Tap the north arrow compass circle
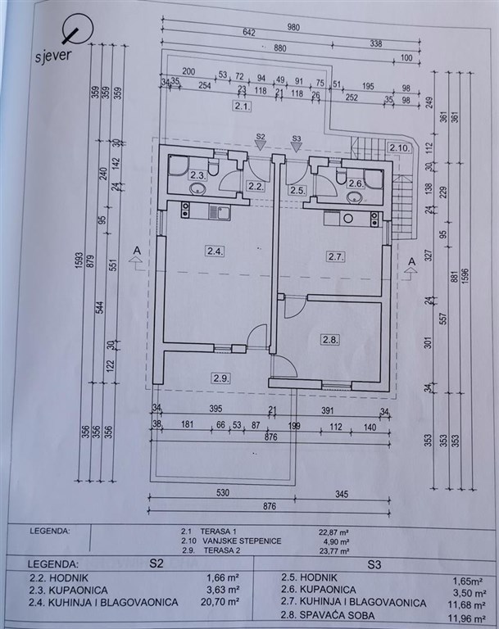pyautogui.click(x=75, y=32)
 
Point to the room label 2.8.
pyautogui.click(x=331, y=339)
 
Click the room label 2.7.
pyautogui.click(x=335, y=257)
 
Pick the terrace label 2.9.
pyautogui.click(x=220, y=378)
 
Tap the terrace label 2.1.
pyautogui.click(x=241, y=106)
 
